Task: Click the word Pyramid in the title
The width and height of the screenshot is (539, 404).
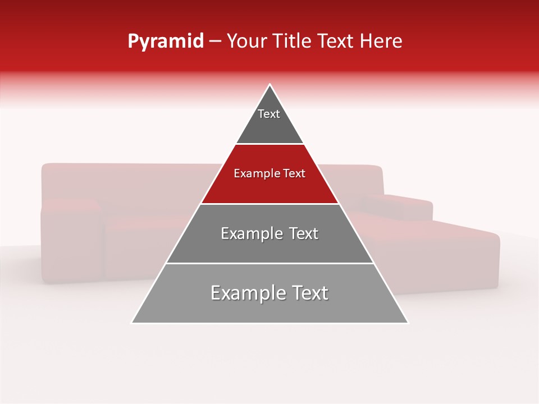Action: click(165, 42)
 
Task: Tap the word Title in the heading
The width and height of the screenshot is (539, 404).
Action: click(294, 42)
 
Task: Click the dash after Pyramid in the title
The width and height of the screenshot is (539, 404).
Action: click(215, 42)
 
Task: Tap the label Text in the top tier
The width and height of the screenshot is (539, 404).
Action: click(269, 114)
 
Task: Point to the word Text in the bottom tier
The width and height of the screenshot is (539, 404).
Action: click(308, 293)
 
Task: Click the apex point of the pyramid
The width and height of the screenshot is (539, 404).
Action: click(270, 85)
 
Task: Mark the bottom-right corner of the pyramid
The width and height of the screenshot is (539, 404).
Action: click(408, 323)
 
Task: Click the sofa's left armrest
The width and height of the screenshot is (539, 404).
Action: click(70, 241)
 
